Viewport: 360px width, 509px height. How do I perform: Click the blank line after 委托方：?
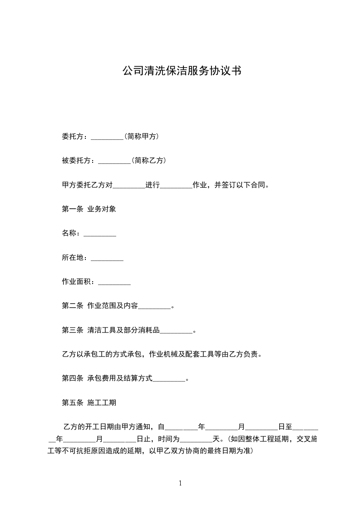(x=107, y=137)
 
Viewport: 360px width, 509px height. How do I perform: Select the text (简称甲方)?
(x=141, y=136)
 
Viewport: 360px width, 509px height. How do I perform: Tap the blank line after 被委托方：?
(x=114, y=161)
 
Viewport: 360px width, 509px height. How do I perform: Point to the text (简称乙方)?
(x=148, y=161)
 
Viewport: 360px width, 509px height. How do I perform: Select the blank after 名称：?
(x=100, y=234)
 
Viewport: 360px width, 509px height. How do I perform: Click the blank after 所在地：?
(x=107, y=259)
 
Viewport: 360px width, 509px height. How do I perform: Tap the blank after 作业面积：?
(x=114, y=283)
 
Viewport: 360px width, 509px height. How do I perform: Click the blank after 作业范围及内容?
(x=154, y=308)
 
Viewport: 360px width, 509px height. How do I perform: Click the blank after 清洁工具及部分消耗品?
(x=177, y=332)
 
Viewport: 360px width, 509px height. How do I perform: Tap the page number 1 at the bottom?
(x=180, y=483)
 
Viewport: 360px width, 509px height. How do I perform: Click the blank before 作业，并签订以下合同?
(x=177, y=186)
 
